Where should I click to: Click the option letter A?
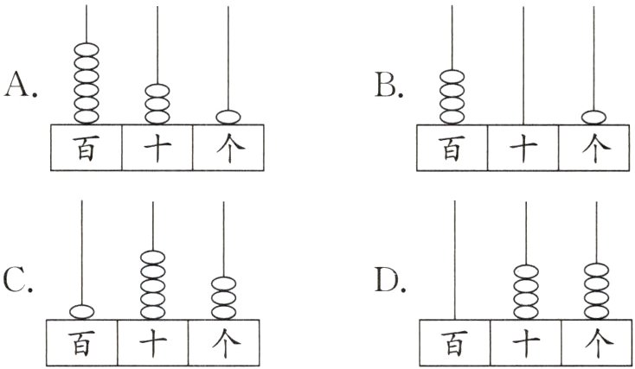18,86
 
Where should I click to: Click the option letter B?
386,86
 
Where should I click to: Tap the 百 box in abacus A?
86,147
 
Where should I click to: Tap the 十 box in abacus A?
157,147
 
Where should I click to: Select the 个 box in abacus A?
228,147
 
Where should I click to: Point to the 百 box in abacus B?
452,147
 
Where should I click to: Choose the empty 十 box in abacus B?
523,147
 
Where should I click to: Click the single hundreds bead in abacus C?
81,311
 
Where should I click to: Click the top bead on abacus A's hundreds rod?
86,49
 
